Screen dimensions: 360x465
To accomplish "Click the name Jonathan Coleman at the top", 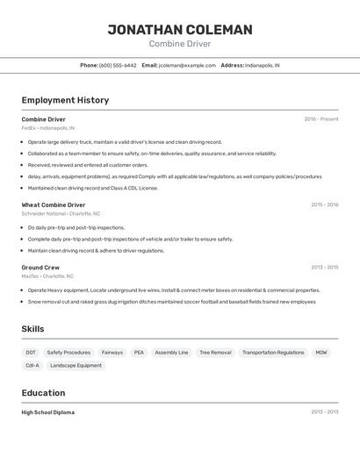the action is pos(180,30).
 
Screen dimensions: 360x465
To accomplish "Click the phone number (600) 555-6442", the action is pos(118,65).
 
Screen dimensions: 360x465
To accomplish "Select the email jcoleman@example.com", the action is pos(187,65).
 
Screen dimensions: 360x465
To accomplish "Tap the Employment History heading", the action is pos(65,100).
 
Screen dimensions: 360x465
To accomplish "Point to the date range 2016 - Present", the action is pos(321,119).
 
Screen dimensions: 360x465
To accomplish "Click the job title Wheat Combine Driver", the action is pos(54,204).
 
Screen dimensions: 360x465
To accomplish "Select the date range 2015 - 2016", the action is pos(324,204).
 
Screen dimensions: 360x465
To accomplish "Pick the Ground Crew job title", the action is pos(40,268).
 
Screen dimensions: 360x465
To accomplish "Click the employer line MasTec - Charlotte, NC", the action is pos(48,276).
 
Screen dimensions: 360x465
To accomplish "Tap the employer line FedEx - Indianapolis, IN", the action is pos(48,128).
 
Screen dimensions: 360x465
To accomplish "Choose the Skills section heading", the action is pos(33,329).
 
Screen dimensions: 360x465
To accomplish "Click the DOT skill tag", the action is pos(31,353).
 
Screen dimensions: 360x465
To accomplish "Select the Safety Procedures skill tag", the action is pos(68,353).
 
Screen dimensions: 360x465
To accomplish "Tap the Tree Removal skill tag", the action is pos(215,353).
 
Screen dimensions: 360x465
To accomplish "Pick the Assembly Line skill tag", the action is pos(171,353).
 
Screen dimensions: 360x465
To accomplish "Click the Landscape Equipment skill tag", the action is pos(76,365).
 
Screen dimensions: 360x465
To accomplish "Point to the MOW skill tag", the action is pos(321,353).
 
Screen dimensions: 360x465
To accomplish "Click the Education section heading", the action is pos(43,393).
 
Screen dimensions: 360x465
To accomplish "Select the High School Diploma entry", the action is pos(48,412).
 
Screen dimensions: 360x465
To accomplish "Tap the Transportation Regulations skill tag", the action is pos(273,353).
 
